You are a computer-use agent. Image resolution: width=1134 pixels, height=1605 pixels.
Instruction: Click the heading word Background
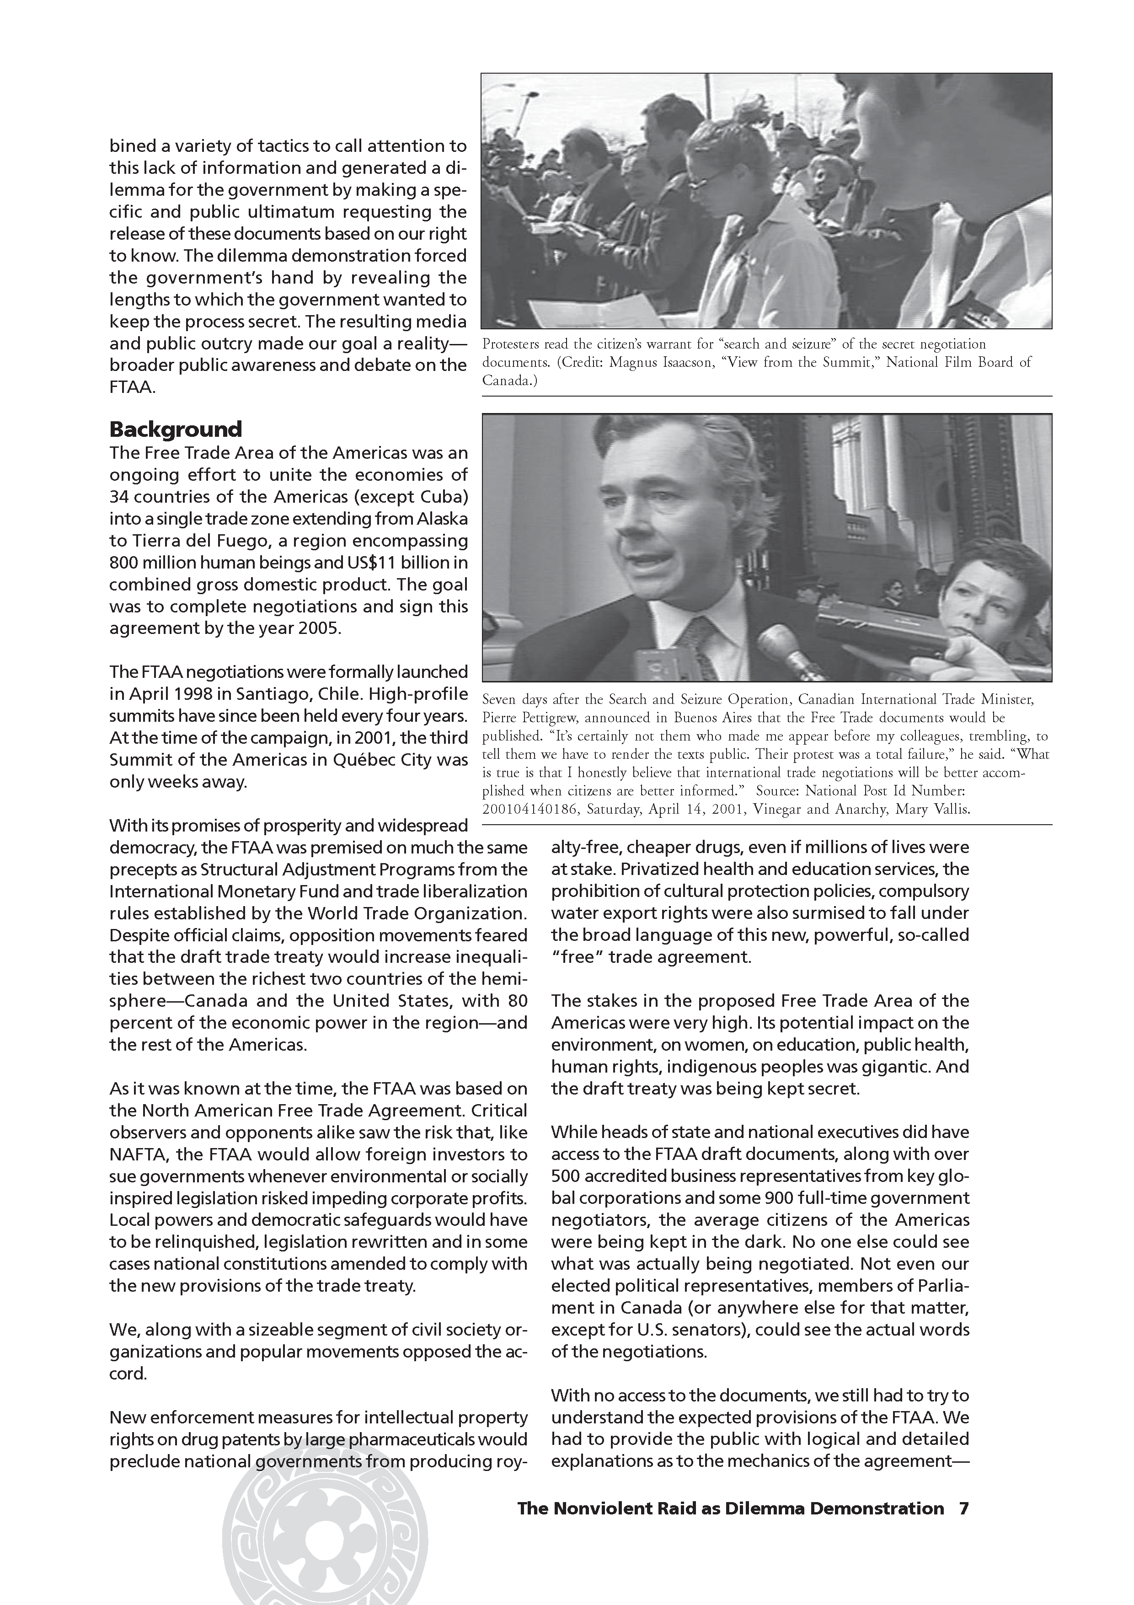point(176,429)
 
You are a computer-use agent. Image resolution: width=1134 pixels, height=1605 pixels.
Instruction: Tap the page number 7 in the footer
point(963,1508)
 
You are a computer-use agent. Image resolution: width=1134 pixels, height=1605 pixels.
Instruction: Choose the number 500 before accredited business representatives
point(565,1176)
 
